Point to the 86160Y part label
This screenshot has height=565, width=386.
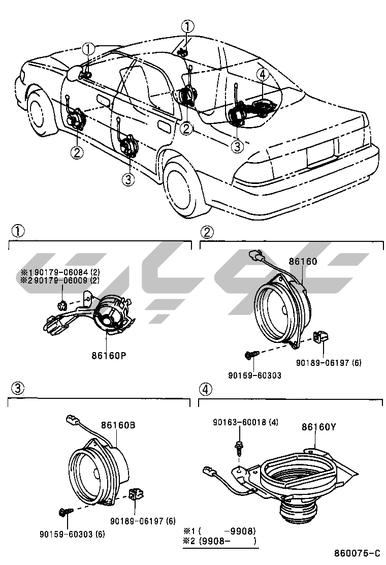[x=318, y=427]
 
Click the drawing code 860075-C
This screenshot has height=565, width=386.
[x=357, y=553]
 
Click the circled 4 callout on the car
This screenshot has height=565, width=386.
[x=262, y=75]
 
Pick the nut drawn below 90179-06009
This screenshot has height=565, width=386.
[x=62, y=305]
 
